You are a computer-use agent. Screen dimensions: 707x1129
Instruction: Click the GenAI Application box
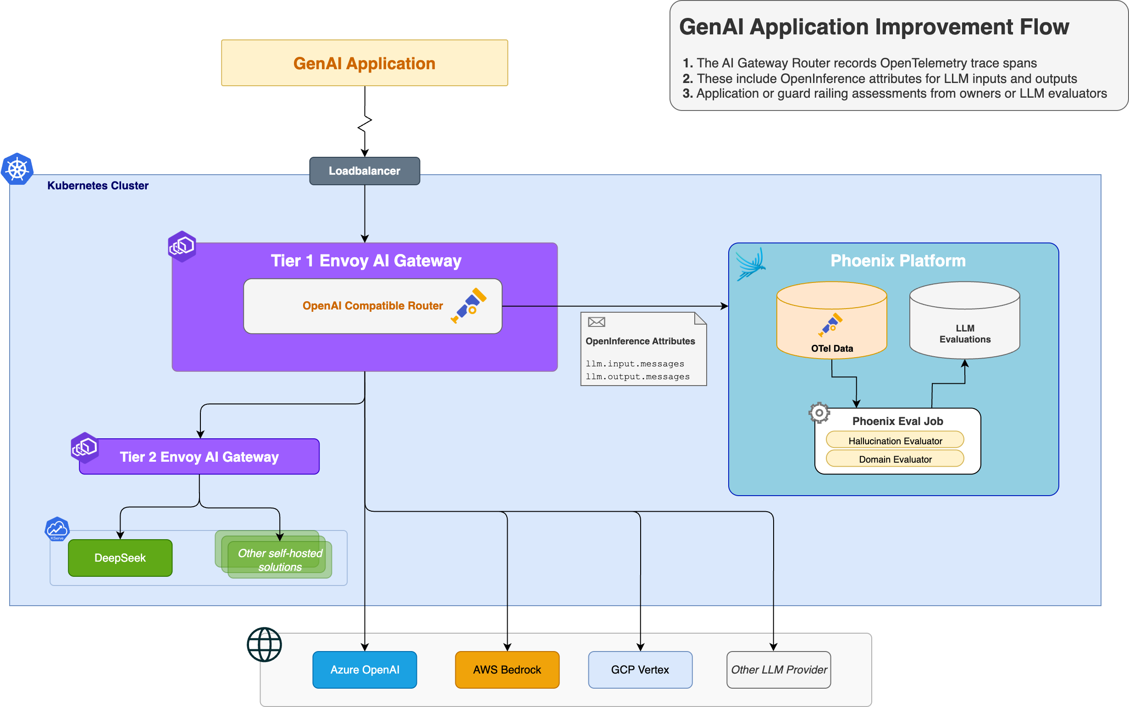coord(364,63)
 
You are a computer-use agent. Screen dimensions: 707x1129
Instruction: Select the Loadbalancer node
coord(364,171)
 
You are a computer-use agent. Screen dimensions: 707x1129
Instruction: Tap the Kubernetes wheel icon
coord(17,169)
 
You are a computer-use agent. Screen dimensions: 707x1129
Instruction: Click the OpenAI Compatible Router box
coord(372,306)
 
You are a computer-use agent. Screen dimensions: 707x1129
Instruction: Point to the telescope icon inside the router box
coord(468,305)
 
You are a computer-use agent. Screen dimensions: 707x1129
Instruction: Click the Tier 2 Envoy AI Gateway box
coord(199,457)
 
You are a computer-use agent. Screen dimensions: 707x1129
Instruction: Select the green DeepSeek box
coord(120,558)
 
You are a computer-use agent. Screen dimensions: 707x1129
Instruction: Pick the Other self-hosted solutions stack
coord(279,559)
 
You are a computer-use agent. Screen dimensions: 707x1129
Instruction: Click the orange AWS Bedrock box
coord(507,669)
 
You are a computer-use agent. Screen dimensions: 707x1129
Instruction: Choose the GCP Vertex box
coord(640,669)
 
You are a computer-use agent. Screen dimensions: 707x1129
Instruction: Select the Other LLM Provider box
coord(778,669)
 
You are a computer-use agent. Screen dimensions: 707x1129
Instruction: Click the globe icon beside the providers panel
coord(264,644)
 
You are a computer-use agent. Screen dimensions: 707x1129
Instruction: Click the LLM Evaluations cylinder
coord(964,327)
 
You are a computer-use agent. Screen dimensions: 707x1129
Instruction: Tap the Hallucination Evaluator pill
coord(895,441)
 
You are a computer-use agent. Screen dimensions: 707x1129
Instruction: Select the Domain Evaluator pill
coord(895,459)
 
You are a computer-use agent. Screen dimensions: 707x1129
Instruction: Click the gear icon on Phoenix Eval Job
coord(819,413)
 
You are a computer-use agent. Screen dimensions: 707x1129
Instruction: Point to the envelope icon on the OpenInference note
coord(596,322)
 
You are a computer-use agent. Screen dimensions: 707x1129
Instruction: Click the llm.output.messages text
coord(637,377)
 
